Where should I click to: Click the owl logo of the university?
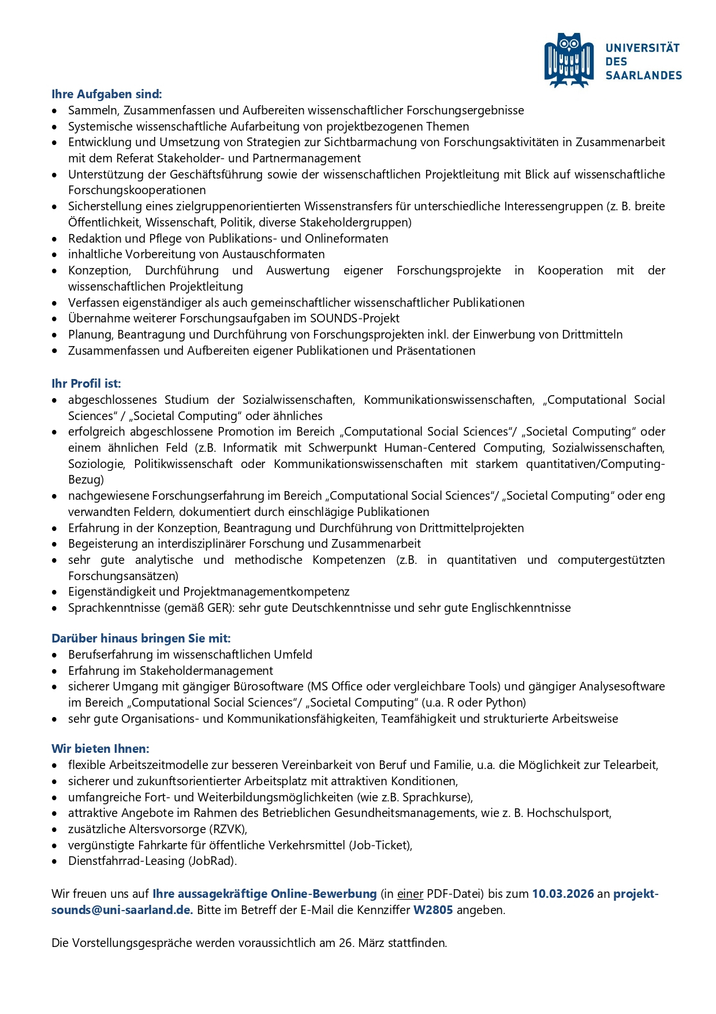569,60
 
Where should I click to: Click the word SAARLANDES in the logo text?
643,75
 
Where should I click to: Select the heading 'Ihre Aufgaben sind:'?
107,94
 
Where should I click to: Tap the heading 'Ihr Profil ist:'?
86,384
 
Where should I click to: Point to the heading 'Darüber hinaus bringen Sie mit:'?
141,638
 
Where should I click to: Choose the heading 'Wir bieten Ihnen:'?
100,749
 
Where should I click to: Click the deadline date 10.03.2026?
562,894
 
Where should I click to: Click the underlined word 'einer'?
410,894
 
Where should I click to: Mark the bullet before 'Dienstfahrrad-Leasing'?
55,861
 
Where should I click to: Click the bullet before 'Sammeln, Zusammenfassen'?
55,111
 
